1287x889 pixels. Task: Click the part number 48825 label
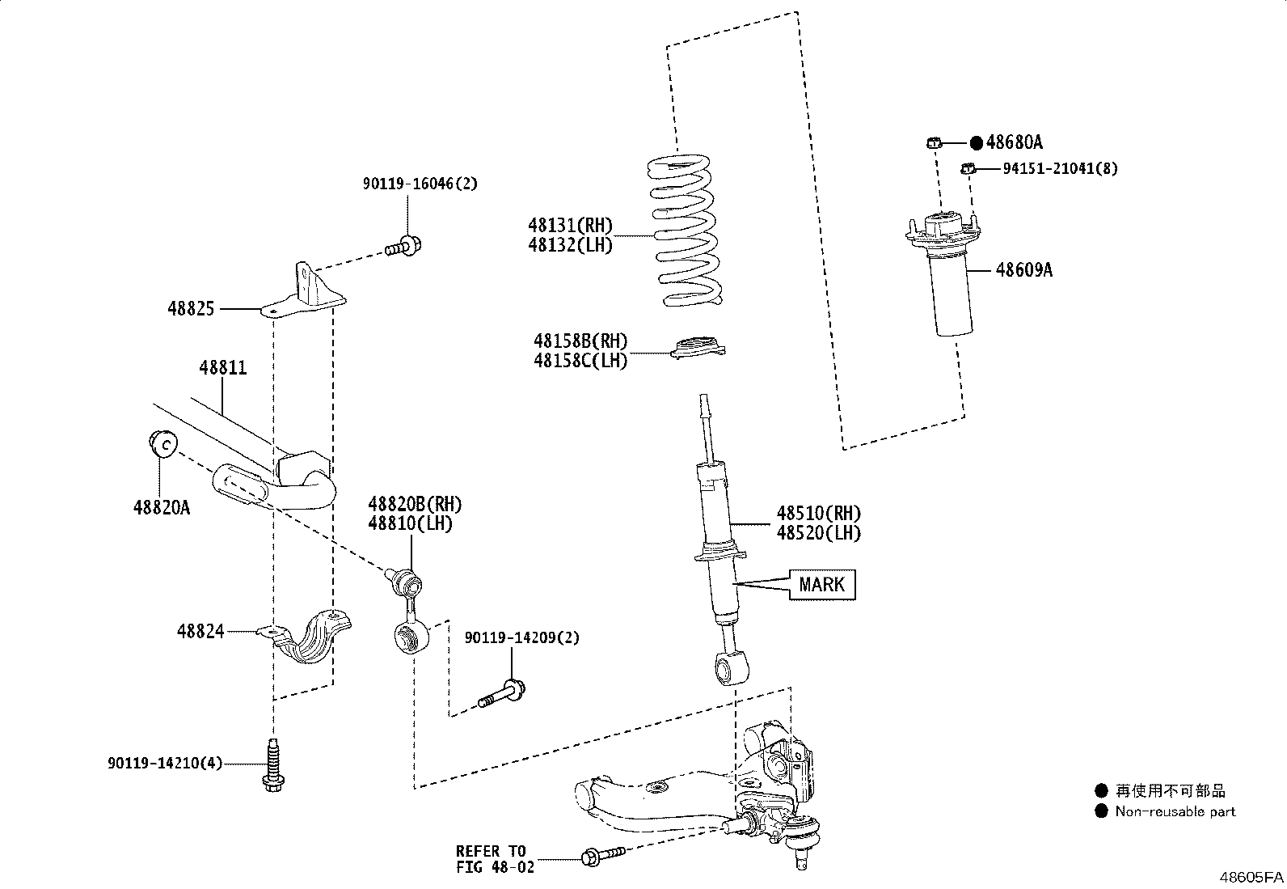[x=191, y=308]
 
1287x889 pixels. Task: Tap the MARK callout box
[x=821, y=584]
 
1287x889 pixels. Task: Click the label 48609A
[x=1023, y=270]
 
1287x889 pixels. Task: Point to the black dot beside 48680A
[x=976, y=143]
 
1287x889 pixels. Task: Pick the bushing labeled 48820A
[x=162, y=444]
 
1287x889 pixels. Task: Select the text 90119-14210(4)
[x=164, y=763]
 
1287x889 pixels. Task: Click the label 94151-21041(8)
[x=1060, y=168]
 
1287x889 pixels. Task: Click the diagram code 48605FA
[x=1251, y=877]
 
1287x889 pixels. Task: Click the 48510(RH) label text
[x=818, y=513]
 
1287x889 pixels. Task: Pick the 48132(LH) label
[x=570, y=244]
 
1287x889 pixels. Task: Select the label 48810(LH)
[x=410, y=523]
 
